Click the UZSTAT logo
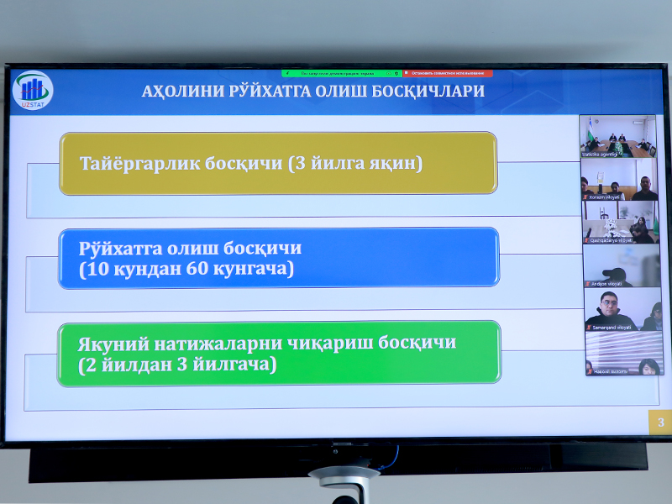(34, 89)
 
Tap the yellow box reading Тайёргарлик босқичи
(278, 163)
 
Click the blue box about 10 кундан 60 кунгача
(278, 258)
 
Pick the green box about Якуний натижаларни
(278, 354)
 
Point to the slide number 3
(660, 423)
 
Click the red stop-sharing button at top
(448, 73)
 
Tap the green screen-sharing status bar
(342, 73)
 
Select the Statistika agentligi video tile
(620, 137)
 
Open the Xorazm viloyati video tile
(620, 180)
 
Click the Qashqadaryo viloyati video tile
(620, 223)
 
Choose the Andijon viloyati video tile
(620, 265)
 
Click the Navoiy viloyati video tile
(620, 353)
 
